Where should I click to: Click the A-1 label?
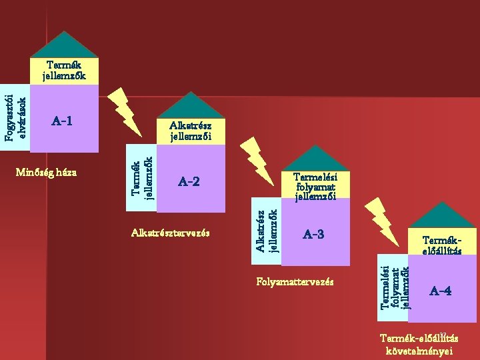62,121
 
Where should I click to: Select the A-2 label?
189,181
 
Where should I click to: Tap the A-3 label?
313,234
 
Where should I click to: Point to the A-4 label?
441,291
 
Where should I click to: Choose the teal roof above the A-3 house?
316,158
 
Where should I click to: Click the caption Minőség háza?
46,173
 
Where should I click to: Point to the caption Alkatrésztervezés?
171,233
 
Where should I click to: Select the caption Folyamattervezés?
295,282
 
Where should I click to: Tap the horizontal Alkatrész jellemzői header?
191,131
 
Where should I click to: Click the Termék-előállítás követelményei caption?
419,344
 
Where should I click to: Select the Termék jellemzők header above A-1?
64,71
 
